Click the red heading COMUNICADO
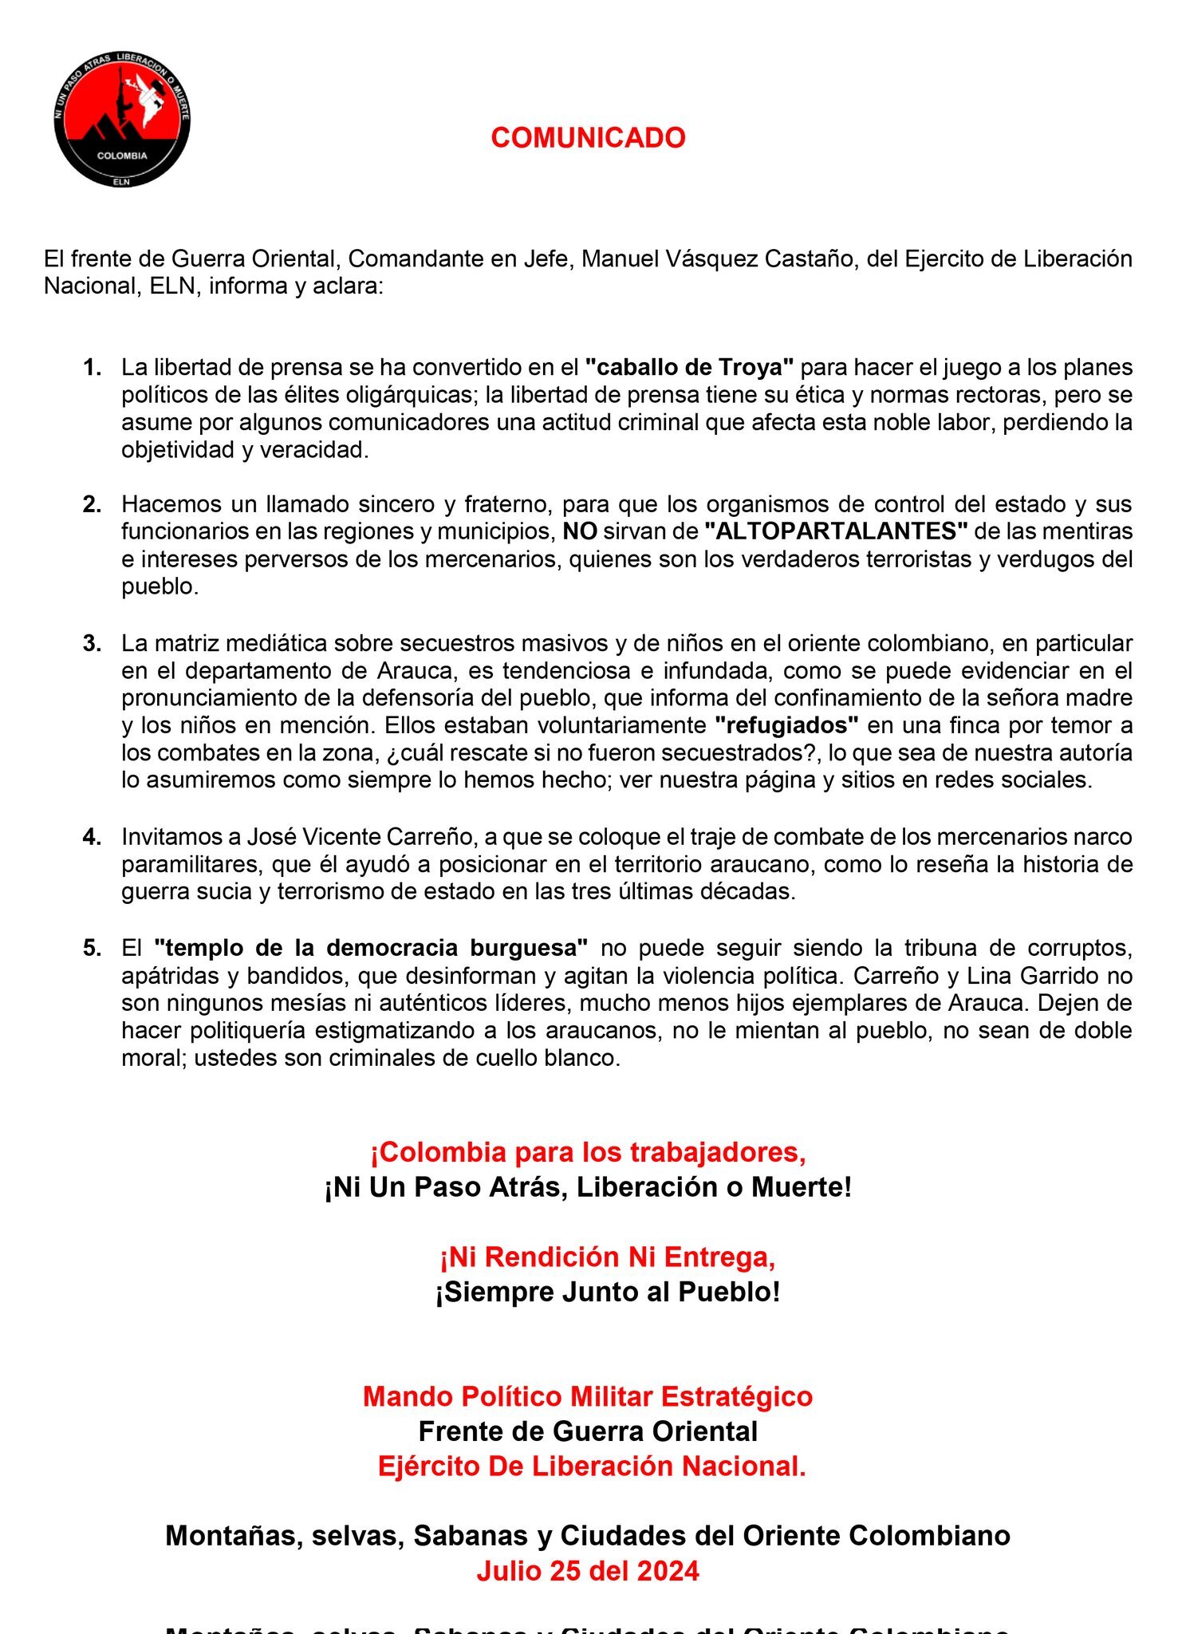(x=588, y=138)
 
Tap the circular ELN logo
(x=122, y=120)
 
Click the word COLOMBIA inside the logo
(x=122, y=156)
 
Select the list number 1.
(x=93, y=368)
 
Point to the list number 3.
(x=93, y=644)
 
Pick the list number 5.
(x=93, y=949)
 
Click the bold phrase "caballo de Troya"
(x=689, y=368)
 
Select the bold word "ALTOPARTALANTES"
(x=836, y=531)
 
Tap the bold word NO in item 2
(x=580, y=531)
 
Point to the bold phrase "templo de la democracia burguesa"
(x=371, y=949)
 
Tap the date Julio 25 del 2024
(x=588, y=1571)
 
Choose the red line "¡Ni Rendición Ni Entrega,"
(x=607, y=1257)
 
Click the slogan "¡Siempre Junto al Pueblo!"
(x=607, y=1293)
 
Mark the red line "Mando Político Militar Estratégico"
(x=588, y=1397)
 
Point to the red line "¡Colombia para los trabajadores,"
(x=588, y=1153)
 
